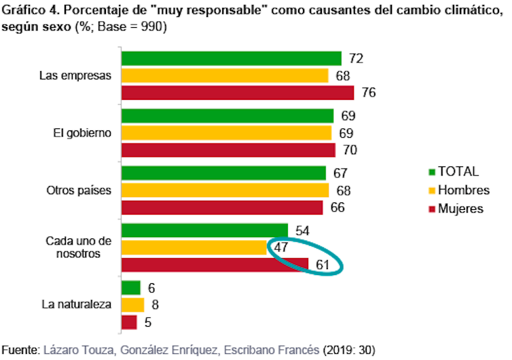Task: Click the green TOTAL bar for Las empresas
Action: (231, 58)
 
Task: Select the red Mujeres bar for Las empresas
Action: (237, 92)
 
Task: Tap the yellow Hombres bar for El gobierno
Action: (226, 132)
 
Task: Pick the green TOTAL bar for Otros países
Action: (223, 173)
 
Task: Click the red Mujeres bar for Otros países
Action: (222, 207)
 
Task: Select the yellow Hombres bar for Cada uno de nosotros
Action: (195, 247)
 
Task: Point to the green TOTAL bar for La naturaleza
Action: (131, 288)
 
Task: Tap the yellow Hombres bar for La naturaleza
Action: (133, 304)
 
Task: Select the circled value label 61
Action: (323, 264)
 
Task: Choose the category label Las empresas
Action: (75, 75)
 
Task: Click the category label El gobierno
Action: (81, 132)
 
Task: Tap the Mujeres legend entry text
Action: (461, 209)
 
